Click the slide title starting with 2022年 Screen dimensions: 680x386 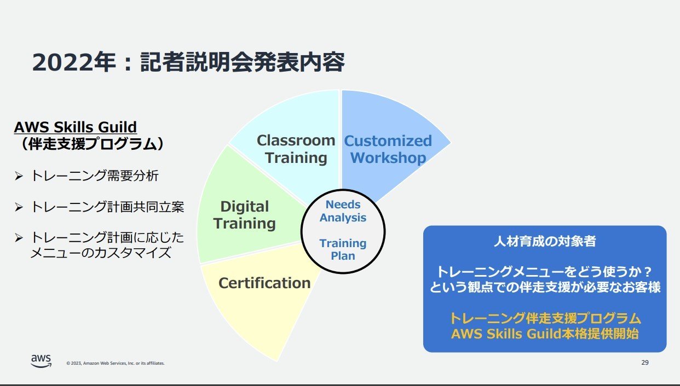tap(188, 62)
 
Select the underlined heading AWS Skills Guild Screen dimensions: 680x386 tap(76, 127)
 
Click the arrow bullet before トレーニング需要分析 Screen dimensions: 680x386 tap(19, 176)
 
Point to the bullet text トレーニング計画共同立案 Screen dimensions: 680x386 tap(107, 207)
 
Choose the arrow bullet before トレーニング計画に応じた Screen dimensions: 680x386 tap(19, 238)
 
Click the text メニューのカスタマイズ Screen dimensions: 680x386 tap(101, 253)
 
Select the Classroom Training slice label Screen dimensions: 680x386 tap(296, 149)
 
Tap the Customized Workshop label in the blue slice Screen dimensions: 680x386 tap(388, 149)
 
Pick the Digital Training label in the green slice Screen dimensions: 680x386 tap(245, 215)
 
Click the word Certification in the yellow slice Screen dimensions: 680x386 tap(264, 283)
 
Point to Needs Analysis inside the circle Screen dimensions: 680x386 tap(343, 211)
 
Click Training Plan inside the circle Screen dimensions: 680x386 tap(343, 249)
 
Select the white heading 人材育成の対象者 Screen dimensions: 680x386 tap(545, 241)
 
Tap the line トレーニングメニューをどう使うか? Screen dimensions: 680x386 tap(544, 272)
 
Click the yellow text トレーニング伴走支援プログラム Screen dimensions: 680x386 tap(545, 318)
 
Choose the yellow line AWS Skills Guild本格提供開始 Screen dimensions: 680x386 tap(545, 334)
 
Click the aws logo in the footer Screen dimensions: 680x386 tap(41, 361)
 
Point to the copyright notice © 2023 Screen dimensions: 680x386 tap(116, 363)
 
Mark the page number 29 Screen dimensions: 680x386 tap(645, 362)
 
